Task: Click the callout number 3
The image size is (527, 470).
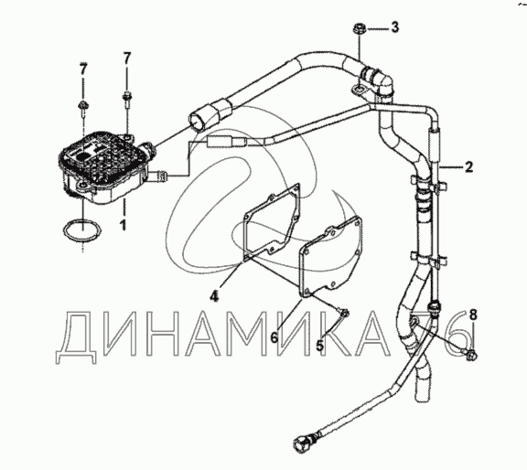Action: pos(395,27)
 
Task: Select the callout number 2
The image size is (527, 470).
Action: pos(468,167)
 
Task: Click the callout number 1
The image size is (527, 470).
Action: pos(124,225)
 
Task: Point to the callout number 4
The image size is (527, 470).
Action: pos(214,296)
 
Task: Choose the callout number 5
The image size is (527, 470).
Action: pos(320,345)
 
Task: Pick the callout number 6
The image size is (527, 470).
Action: pos(274,337)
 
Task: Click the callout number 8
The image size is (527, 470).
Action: pos(473,315)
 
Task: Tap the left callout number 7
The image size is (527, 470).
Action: pos(83,69)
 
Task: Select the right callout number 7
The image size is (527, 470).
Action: pos(126,59)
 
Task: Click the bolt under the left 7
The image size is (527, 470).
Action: pos(82,109)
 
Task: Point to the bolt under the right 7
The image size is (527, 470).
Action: pos(126,99)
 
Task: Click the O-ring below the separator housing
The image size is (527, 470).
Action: pos(82,230)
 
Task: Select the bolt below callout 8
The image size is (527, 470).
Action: pos(471,355)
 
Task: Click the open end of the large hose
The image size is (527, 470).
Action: pos(198,122)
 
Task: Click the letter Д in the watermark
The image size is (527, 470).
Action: pos(77,337)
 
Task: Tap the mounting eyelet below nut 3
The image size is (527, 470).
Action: pos(360,90)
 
